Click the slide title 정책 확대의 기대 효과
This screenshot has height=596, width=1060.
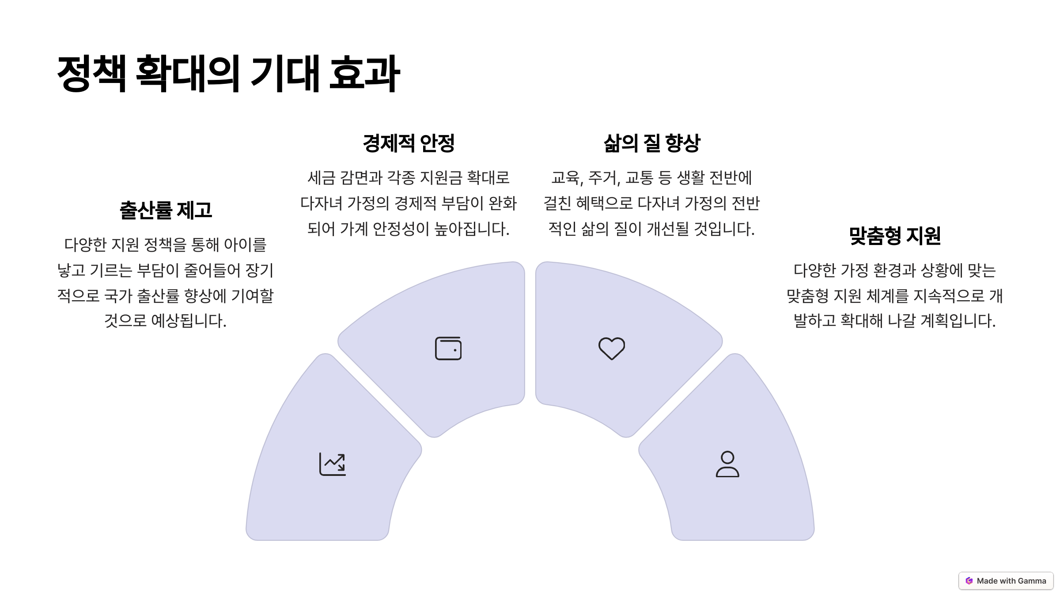[228, 74]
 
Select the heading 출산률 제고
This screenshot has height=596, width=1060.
[166, 210]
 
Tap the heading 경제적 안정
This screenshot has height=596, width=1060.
[409, 143]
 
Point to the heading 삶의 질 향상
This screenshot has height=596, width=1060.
[652, 143]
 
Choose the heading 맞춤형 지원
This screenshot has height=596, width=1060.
[895, 236]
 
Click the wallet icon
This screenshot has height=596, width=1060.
[448, 348]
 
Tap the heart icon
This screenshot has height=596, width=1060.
[612, 348]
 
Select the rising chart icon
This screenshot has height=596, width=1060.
[333, 464]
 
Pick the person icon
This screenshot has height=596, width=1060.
[727, 464]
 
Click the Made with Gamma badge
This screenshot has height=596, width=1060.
[1006, 581]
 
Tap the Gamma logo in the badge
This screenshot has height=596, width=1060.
[969, 581]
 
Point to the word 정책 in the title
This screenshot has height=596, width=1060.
[92, 74]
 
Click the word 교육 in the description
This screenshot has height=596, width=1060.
[565, 178]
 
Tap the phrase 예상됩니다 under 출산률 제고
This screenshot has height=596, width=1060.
[189, 321]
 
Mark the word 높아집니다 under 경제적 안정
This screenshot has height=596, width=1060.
[472, 229]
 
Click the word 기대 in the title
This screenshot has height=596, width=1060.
[285, 74]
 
